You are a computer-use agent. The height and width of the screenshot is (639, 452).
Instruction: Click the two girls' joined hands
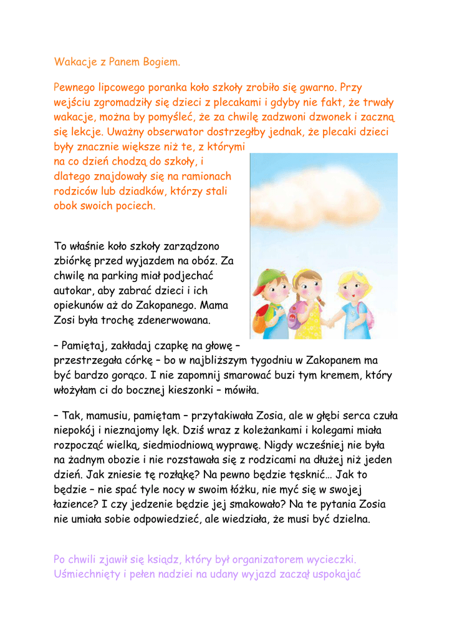coord(329,323)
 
